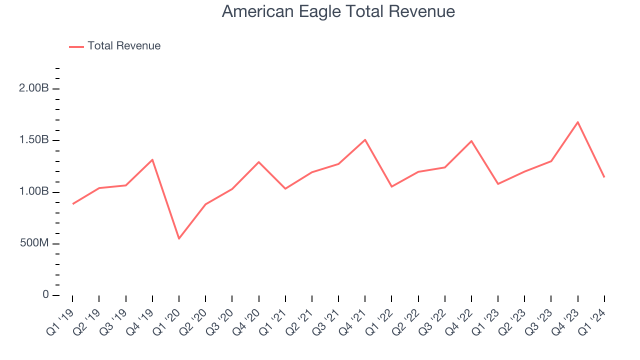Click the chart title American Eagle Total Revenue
[x=338, y=11]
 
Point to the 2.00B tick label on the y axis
[x=33, y=88]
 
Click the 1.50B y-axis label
[x=33, y=140]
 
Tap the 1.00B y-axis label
[x=33, y=192]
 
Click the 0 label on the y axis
[x=45, y=295]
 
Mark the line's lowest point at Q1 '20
[x=179, y=238]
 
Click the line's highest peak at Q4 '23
[x=577, y=122]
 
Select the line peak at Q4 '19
[x=152, y=159]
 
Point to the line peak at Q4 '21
[x=365, y=139]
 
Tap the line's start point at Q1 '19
[x=73, y=204]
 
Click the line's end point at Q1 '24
[x=604, y=177]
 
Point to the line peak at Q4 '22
[x=471, y=141]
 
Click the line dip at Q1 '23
[x=498, y=184]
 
